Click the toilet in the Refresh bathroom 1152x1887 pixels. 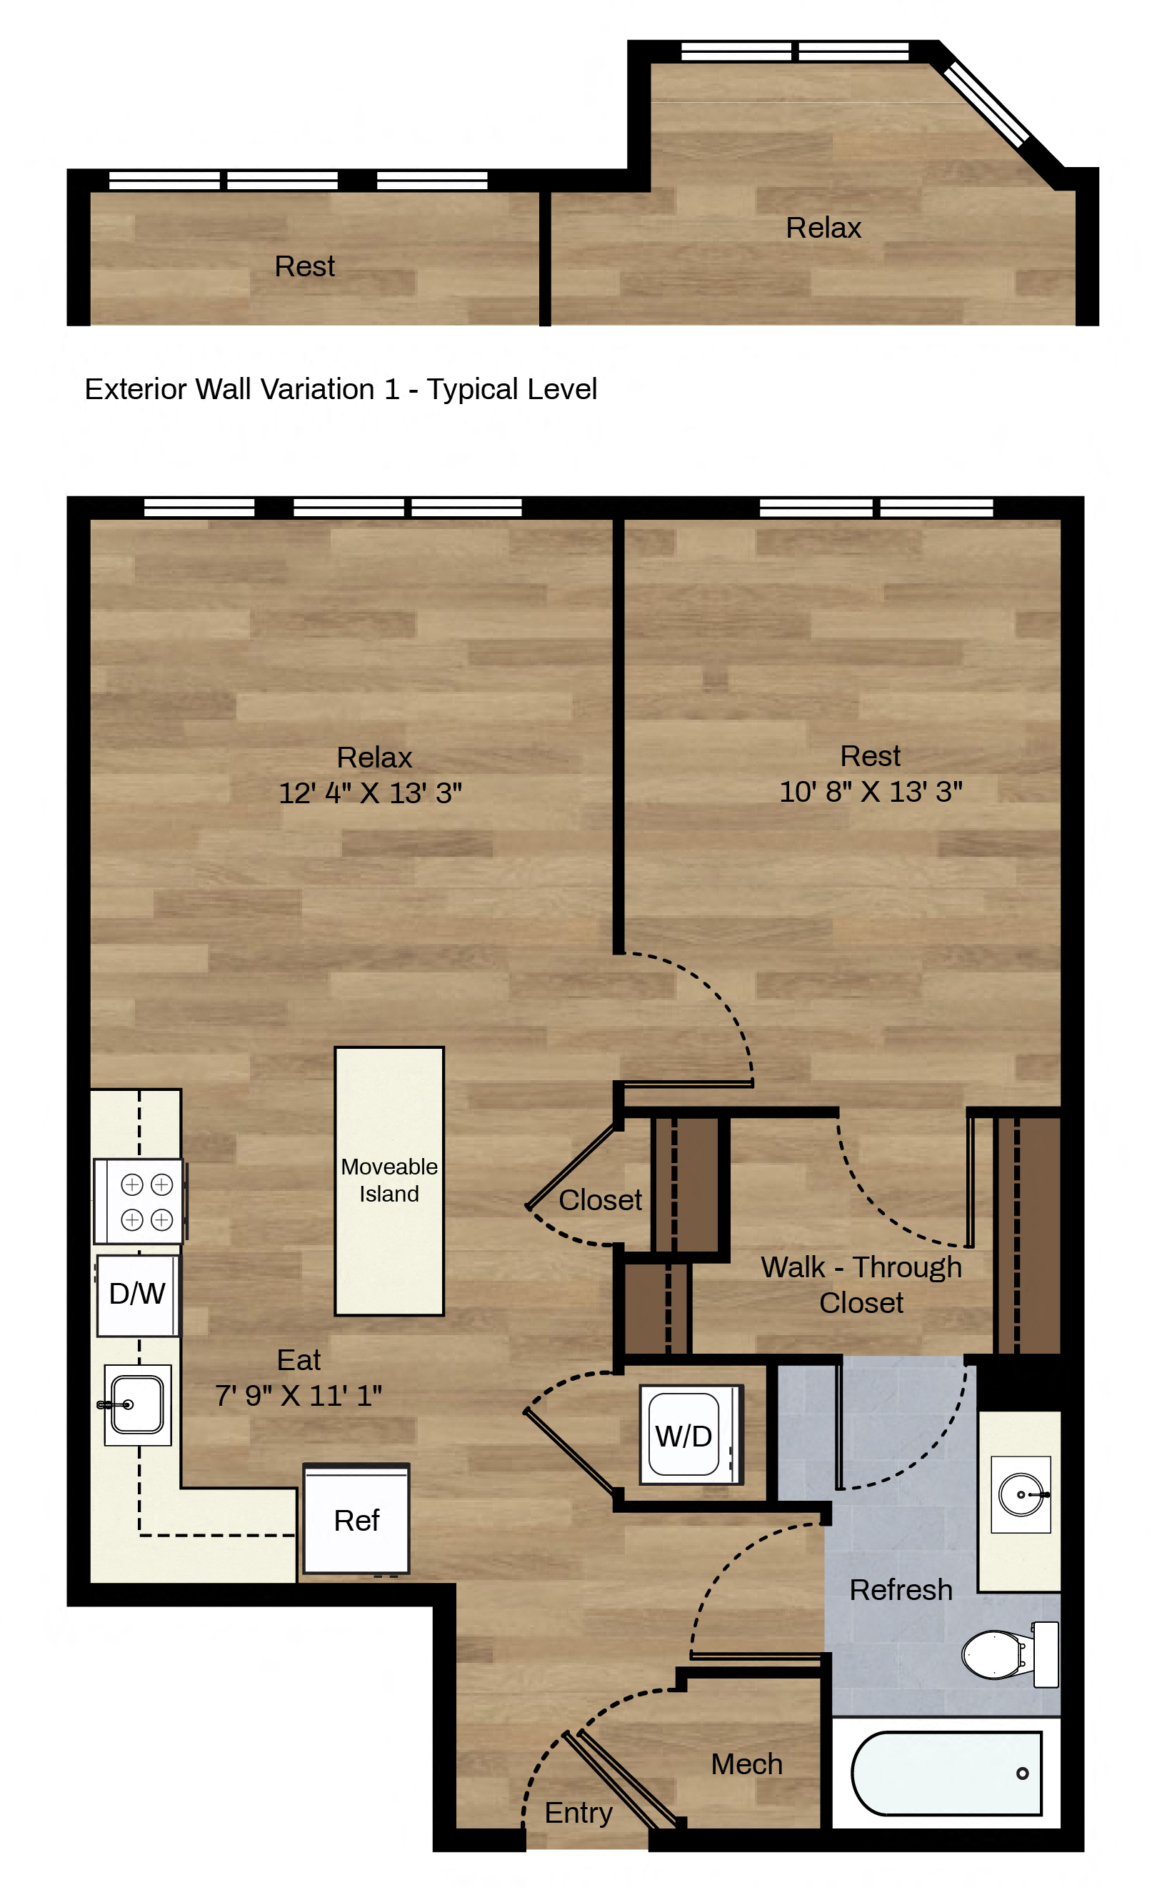tap(1010, 1654)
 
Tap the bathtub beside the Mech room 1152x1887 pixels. tap(946, 1773)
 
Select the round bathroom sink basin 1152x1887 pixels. tap(1022, 1494)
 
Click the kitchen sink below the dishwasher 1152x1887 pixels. tap(137, 1404)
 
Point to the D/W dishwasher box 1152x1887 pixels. tap(138, 1294)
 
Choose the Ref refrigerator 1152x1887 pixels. tap(356, 1519)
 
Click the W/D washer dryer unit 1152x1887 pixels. tap(691, 1434)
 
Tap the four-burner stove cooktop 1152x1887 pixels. tap(140, 1201)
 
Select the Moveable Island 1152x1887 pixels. tap(389, 1181)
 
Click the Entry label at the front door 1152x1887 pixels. tap(578, 1812)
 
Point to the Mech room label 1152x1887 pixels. tap(747, 1763)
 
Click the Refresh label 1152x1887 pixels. tap(901, 1589)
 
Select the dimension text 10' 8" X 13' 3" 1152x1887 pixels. tap(871, 791)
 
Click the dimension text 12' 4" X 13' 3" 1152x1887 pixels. tap(370, 792)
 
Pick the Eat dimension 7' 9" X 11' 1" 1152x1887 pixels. tap(298, 1395)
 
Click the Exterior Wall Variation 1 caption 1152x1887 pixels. tap(341, 389)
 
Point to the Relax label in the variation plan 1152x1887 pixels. tap(823, 228)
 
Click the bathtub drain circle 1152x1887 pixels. tap(1023, 1773)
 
